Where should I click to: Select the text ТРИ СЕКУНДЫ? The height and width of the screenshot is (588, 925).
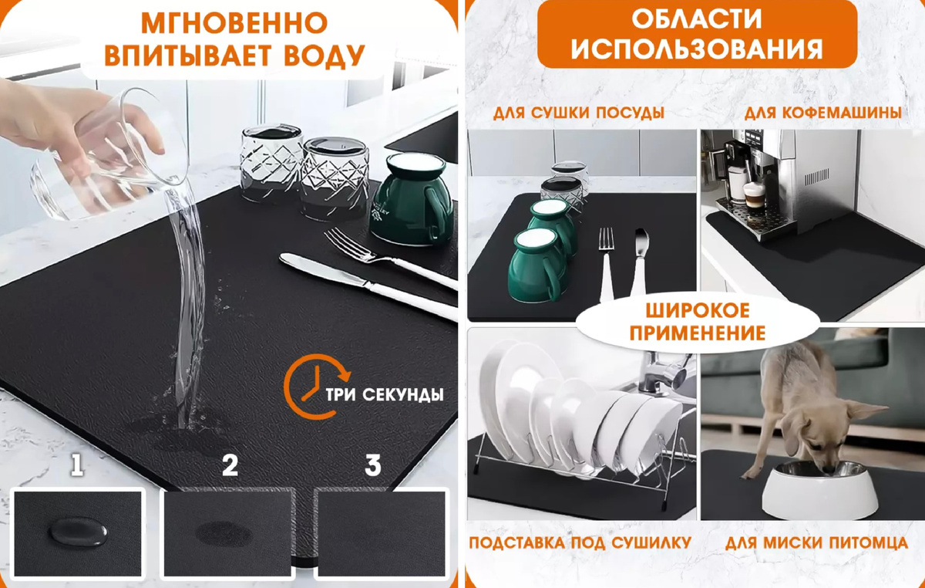pos(385,395)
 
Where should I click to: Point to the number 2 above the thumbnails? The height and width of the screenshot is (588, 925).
pos(229,465)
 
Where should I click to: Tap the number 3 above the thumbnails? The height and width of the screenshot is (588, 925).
pos(373,465)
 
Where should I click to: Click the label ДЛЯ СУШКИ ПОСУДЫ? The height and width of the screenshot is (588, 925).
pos(579,113)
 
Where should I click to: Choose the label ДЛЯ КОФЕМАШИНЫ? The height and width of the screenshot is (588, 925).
pos(823,113)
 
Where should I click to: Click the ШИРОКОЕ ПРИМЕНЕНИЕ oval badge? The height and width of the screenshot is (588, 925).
pos(698,323)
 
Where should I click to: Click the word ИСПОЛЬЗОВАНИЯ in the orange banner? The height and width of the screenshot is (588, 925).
pos(698,50)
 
